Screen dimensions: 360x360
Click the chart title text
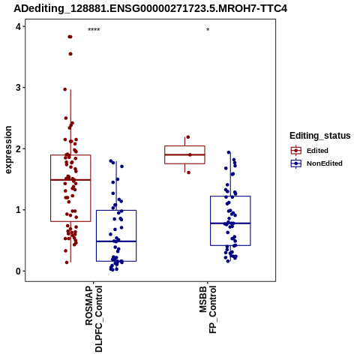point(150,8)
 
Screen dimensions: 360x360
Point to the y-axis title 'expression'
point(8,150)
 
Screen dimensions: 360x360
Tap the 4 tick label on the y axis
point(18,26)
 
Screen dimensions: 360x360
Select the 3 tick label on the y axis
point(18,88)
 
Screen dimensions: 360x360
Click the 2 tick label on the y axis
point(18,148)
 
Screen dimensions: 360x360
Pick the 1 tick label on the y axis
point(18,210)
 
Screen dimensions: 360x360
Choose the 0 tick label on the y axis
point(18,271)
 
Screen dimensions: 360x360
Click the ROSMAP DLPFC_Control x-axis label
point(94,319)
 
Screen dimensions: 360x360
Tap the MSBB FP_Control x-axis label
point(208,310)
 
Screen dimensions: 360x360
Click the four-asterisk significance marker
point(94,29)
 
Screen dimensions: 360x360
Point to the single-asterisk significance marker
point(208,29)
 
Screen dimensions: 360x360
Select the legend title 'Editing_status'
point(320,136)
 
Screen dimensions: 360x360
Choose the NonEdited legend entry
point(316,163)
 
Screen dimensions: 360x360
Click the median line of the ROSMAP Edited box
point(70,180)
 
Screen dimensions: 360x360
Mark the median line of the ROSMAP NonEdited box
point(116,241)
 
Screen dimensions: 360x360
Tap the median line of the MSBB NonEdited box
point(230,223)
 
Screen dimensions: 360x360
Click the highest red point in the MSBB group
point(188,137)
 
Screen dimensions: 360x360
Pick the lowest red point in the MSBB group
point(188,172)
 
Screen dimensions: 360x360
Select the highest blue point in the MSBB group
point(229,152)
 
